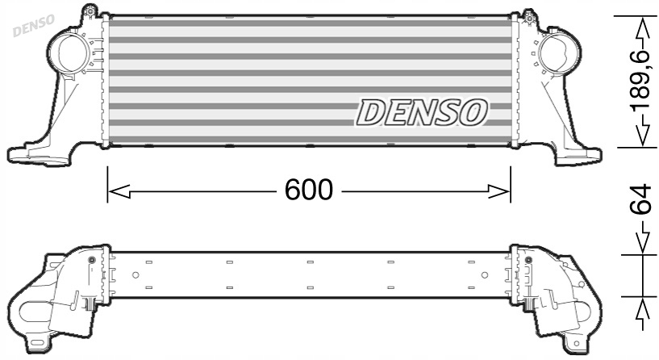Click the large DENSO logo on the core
[x=422, y=113]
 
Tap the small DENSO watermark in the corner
[x=31, y=24]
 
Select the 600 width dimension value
[x=308, y=190]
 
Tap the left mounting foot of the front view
[x=32, y=152]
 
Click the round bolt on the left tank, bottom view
[x=91, y=261]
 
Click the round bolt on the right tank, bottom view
[x=528, y=261]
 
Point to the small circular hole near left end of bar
[x=136, y=275]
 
